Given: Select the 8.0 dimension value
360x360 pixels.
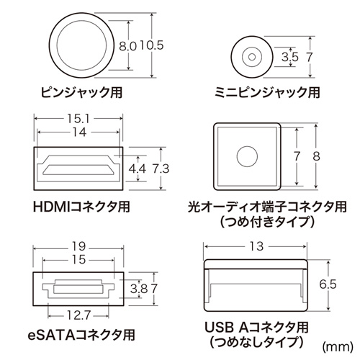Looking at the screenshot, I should coord(127,45).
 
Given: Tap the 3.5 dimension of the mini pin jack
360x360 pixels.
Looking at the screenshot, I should coord(291,55).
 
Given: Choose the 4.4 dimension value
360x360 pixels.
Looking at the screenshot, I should coord(137,169).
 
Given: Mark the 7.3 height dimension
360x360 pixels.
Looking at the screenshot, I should coord(161,169).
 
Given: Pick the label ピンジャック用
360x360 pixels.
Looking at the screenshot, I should coord(77,92).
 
